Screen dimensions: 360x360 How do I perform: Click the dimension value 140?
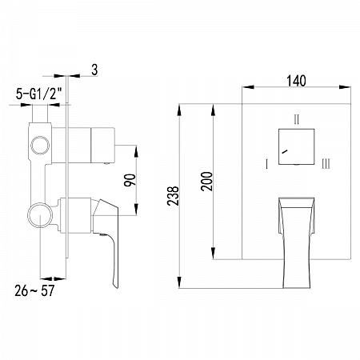coord(296,81)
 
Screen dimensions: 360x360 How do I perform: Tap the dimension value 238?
coord(173,196)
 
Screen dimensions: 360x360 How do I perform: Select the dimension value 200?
coord(207,182)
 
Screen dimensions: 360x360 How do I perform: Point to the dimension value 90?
coord(130,180)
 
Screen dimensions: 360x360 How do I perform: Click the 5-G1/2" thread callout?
coord(39,94)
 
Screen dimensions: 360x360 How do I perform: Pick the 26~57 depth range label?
coord(34,290)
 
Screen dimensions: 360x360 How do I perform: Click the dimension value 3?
coord(94,70)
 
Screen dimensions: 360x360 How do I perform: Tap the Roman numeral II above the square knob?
coord(297,119)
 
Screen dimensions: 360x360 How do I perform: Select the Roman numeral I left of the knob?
coord(266,164)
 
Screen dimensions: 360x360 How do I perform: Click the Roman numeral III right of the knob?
coord(326,163)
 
